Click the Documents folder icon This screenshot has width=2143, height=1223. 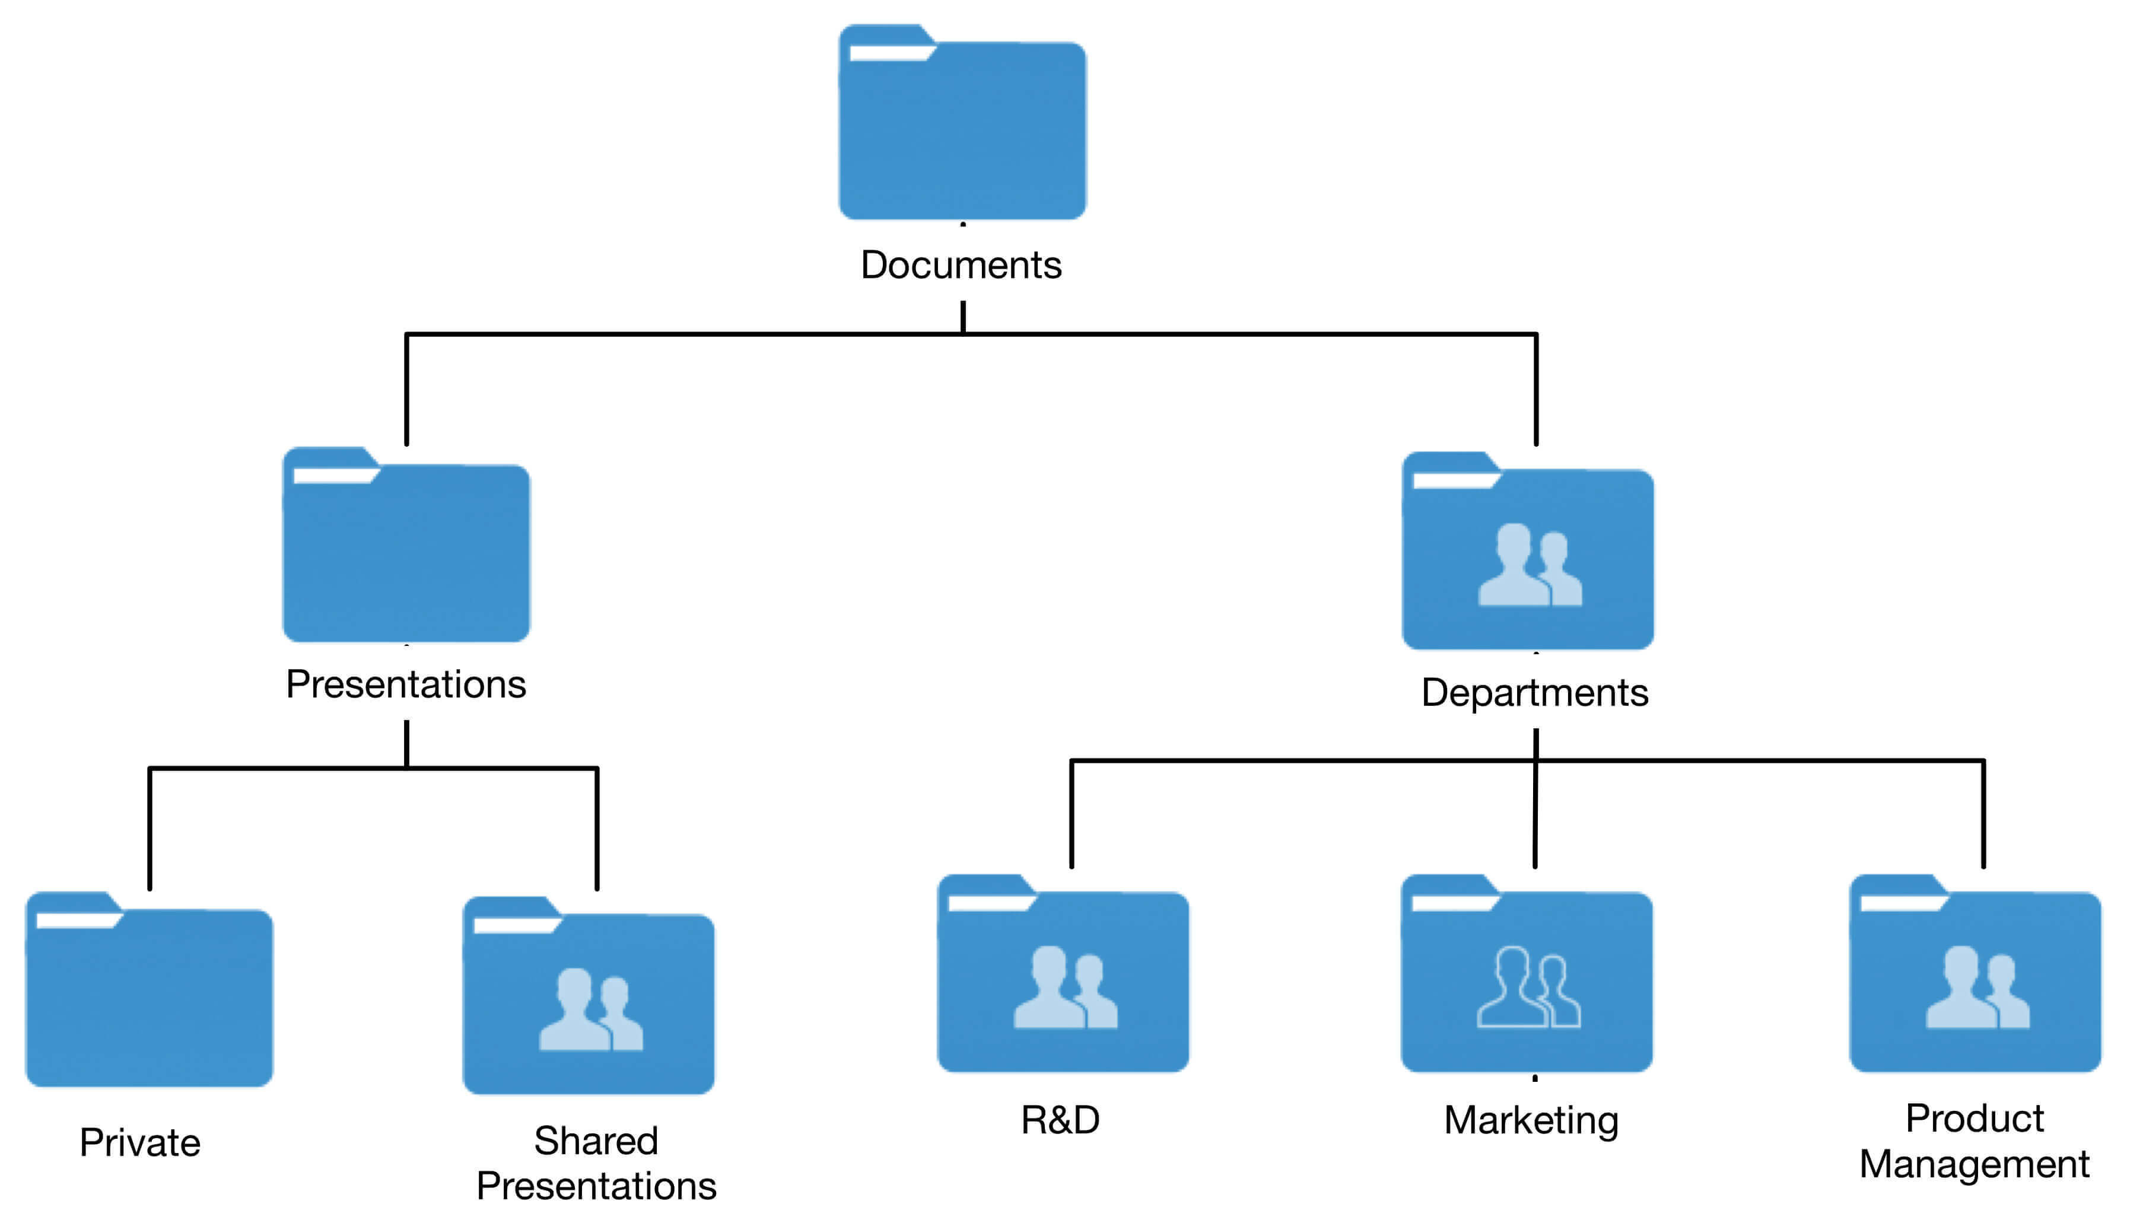(962, 126)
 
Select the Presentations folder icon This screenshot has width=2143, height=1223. (406, 550)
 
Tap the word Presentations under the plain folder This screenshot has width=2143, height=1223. (406, 684)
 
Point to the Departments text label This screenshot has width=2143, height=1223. (1534, 693)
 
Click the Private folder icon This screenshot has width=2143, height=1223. (149, 995)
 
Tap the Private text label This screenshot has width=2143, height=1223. (139, 1142)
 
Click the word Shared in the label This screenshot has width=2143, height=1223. (596, 1141)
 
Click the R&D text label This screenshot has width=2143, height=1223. (1060, 1120)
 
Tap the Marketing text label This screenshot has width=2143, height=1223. (1531, 1120)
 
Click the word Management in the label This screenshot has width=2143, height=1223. (1974, 1164)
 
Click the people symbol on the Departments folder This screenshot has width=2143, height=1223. (1529, 565)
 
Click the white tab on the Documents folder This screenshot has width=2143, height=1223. (891, 53)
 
